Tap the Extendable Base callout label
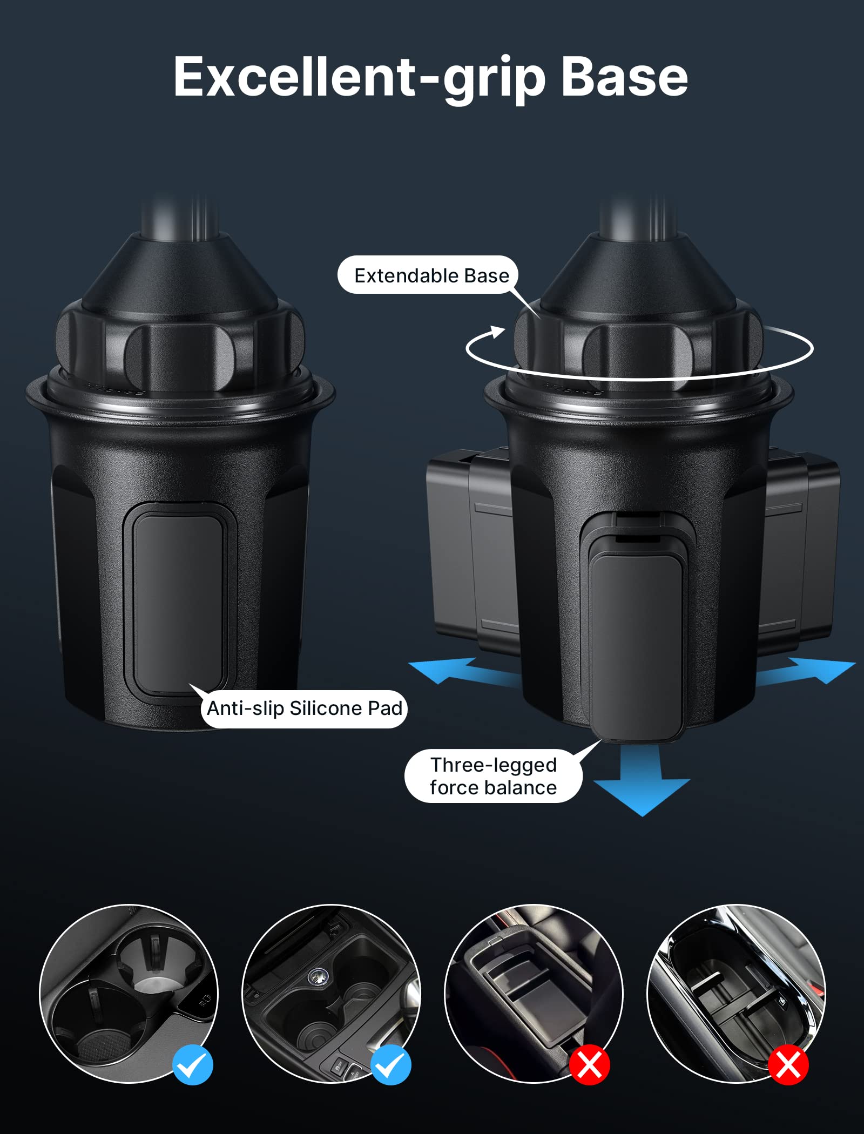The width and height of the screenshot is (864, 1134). pos(431,275)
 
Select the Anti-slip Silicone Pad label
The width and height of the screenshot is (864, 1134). pos(305,708)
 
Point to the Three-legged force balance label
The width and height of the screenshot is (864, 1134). pos(493,776)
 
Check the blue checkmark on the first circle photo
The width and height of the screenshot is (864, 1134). pos(193,1064)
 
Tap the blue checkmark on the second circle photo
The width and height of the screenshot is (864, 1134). pos(390,1064)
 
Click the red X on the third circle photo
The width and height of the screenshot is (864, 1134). pos(590,1065)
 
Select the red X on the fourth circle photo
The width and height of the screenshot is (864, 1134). pos(788,1065)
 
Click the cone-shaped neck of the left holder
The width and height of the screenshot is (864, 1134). pos(178,270)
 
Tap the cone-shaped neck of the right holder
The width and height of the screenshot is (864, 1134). pos(637,270)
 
